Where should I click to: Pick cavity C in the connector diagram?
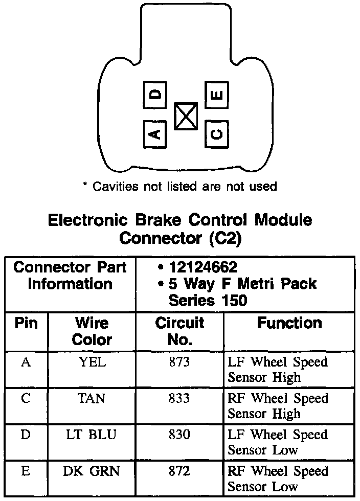216,133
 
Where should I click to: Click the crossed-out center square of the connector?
186,116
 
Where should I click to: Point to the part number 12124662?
202,267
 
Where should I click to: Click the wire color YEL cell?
92,362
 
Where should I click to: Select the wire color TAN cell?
92,398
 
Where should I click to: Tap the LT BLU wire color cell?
92,435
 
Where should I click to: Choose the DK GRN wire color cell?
92,471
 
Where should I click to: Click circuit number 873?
179,362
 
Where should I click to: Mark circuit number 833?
179,398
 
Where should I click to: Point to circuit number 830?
179,435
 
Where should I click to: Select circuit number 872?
179,471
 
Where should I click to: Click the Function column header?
289,323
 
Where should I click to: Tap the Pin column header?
26,323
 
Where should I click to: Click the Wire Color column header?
92,331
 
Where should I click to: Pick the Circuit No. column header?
179,331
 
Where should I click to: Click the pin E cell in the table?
26,471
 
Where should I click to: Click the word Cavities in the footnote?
116,187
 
